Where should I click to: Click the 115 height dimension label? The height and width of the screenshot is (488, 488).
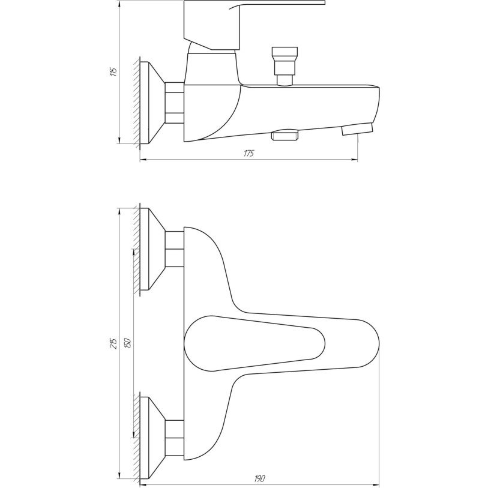tap(114, 72)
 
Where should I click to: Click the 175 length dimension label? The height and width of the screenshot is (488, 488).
tap(249, 154)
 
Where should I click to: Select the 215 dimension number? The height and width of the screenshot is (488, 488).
tap(114, 343)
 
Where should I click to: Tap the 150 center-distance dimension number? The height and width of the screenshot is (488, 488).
tap(128, 343)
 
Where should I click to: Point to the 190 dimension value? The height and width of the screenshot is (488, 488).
tap(259, 478)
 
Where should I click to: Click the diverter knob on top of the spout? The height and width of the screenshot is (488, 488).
tap(285, 66)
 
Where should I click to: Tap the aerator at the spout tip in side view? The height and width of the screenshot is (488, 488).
tap(357, 129)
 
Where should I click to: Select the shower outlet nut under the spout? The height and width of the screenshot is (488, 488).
tap(285, 135)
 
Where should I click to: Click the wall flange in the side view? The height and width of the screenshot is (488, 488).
tap(152, 103)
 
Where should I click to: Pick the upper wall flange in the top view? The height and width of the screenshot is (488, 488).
tap(152, 249)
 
